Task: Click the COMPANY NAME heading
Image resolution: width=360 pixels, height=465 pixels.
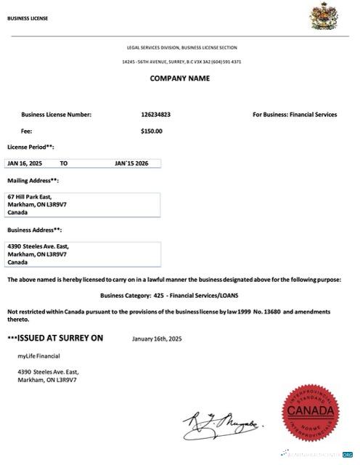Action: click(180, 78)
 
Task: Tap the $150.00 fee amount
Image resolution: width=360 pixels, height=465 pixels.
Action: click(152, 132)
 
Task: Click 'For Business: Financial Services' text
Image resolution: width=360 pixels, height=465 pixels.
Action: click(295, 114)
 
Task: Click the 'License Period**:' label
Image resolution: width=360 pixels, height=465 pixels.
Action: click(30, 147)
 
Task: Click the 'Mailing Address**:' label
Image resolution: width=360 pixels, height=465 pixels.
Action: click(33, 180)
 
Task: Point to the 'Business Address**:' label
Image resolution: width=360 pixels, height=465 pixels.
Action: click(34, 230)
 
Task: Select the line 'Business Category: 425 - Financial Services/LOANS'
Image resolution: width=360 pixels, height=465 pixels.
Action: click(179, 296)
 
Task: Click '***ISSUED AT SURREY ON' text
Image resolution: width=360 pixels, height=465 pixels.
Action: click(55, 338)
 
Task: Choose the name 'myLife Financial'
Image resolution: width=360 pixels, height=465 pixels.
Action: click(38, 355)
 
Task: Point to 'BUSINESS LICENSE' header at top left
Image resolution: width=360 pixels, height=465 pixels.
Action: click(28, 18)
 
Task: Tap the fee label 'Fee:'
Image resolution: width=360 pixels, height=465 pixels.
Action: click(26, 132)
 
